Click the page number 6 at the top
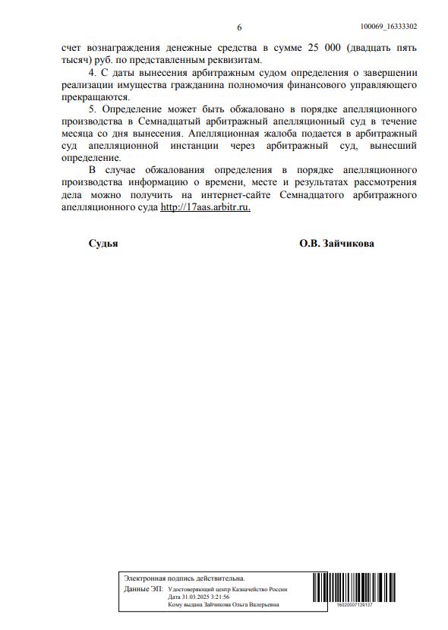pos(239,27)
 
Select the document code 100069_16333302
pos(388,26)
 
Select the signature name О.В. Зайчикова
pos(336,244)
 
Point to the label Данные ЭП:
pos(142,589)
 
